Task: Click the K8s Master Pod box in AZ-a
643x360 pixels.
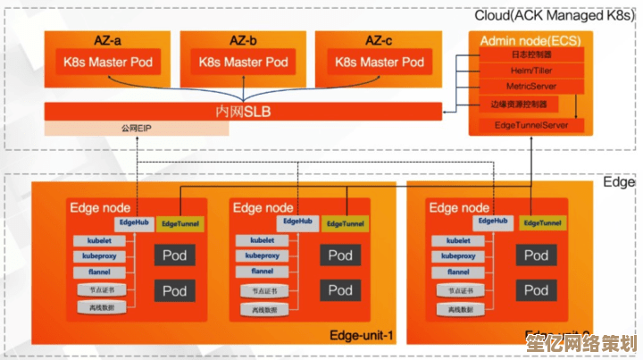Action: click(107, 63)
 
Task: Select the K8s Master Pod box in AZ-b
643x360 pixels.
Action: click(243, 63)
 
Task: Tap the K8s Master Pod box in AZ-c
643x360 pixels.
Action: click(380, 63)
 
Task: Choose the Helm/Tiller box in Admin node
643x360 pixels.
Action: click(531, 71)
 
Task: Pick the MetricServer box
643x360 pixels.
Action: click(531, 86)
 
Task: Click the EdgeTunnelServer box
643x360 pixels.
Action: click(531, 125)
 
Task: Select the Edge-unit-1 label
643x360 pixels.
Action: click(361, 336)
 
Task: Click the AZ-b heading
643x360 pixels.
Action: click(243, 40)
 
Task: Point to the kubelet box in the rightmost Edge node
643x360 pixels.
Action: click(458, 240)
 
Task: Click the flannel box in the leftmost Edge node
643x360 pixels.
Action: click(99, 272)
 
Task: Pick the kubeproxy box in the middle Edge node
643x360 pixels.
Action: click(263, 256)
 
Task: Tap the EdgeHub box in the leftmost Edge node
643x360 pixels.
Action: click(133, 222)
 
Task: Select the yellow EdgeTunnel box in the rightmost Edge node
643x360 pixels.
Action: click(544, 223)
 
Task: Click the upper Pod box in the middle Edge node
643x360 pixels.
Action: click(339, 256)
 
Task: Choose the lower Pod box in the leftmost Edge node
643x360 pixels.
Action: click(174, 290)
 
